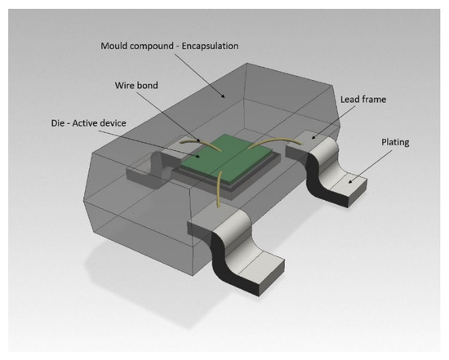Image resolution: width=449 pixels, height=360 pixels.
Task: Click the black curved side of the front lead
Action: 221,253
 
